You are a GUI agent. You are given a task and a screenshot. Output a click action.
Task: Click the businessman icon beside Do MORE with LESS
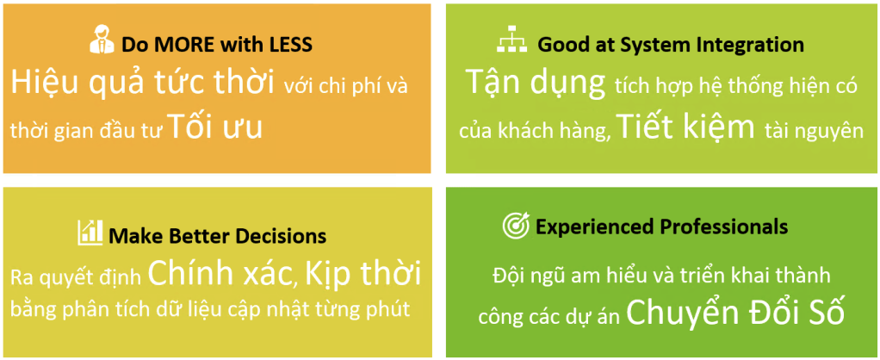point(102,41)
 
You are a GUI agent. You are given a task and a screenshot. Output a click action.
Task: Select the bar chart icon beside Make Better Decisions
point(90,233)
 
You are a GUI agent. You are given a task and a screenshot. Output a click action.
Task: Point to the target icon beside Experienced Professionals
point(516,226)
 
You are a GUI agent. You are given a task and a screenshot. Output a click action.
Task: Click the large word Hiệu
point(46,84)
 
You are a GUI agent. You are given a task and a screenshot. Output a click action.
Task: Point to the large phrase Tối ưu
point(215,127)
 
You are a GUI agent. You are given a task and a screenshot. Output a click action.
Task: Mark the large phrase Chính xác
point(221,274)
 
